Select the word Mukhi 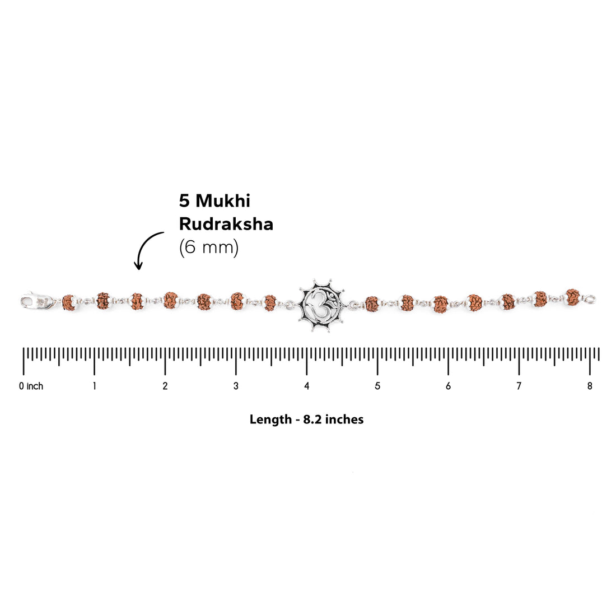(223, 200)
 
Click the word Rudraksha (226, 224)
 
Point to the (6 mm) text (209, 248)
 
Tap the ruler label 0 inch (31, 386)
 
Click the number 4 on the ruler (306, 386)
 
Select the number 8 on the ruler (590, 386)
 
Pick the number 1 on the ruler (94, 386)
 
